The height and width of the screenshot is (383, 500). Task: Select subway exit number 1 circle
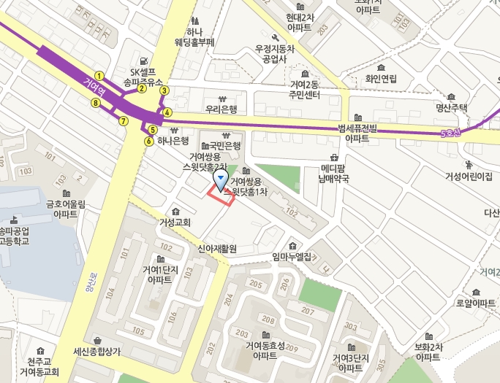tap(99, 76)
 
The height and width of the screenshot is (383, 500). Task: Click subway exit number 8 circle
tap(95, 103)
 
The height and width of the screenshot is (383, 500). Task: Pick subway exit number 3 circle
tap(164, 90)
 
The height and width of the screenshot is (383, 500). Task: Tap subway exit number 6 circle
tap(149, 141)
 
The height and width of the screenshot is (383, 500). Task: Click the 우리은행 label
tap(221, 109)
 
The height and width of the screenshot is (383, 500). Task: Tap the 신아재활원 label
tap(218, 249)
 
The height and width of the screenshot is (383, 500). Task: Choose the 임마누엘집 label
tap(291, 256)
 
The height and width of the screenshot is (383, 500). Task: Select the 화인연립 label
tap(381, 78)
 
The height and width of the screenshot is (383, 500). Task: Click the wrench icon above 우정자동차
tap(275, 38)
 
